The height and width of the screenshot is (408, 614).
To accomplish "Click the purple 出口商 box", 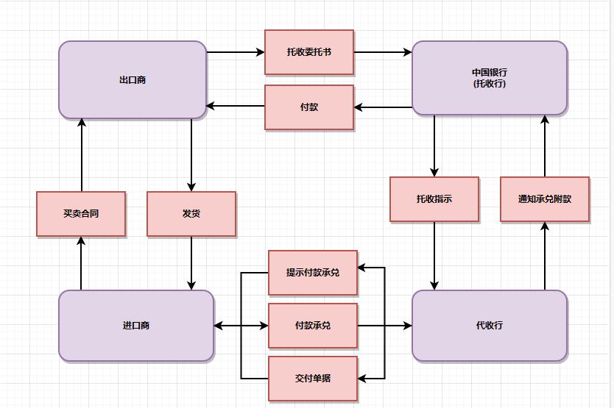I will tap(133, 79).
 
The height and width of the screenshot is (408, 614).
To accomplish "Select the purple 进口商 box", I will tap(136, 325).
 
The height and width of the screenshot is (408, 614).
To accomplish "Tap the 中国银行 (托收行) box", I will tap(490, 78).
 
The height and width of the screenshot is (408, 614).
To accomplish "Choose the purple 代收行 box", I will tap(490, 325).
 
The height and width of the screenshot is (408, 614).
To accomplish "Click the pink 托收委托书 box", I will tap(309, 52).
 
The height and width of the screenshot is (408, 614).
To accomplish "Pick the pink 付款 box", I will tap(309, 107).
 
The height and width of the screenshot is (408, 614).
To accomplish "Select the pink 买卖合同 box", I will tap(81, 214).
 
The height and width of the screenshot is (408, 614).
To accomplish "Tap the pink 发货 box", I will tap(191, 214).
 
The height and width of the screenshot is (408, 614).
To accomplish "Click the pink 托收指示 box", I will tap(434, 199).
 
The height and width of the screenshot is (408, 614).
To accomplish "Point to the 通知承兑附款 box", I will tap(545, 199).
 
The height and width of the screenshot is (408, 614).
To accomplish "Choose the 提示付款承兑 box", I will tap(313, 272).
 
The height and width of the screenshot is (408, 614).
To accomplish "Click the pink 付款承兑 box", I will tap(313, 326).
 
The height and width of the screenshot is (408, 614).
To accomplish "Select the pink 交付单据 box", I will tap(313, 379).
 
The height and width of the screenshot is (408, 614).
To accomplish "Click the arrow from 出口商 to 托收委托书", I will tap(236, 52).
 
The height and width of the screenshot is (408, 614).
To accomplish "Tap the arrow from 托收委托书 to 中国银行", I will tap(383, 52).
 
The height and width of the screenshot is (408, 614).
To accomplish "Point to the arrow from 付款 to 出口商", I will tap(236, 106).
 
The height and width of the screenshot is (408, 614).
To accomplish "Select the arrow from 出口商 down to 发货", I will tap(191, 154).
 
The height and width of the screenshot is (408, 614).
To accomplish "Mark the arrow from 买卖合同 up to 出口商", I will tap(81, 154).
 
